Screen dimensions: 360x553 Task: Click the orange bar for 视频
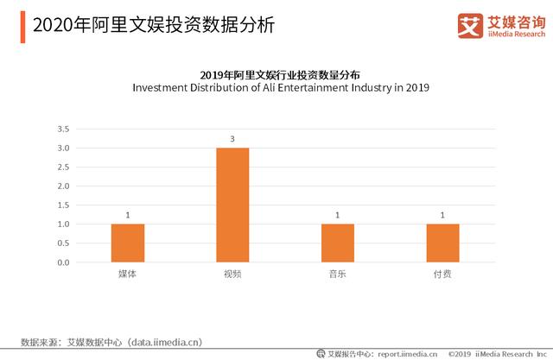point(232,205)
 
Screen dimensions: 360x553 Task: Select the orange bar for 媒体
point(127,243)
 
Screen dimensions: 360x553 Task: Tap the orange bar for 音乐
point(337,243)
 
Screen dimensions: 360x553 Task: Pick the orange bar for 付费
point(442,243)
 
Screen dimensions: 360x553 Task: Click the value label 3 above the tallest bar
point(232,139)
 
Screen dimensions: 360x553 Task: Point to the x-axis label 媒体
point(127,274)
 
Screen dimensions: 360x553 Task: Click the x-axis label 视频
point(232,274)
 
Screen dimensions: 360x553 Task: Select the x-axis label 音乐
point(337,274)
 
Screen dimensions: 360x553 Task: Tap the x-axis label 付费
point(442,274)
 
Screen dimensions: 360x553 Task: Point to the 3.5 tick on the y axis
point(63,129)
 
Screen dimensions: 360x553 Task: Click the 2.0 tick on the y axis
point(63,186)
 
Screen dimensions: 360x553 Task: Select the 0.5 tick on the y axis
point(63,243)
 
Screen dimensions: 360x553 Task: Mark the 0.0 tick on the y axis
point(63,262)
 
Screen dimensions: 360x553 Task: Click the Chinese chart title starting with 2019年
point(280,74)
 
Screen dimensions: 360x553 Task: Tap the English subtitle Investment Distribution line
point(280,88)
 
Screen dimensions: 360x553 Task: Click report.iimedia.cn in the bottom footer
point(407,353)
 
